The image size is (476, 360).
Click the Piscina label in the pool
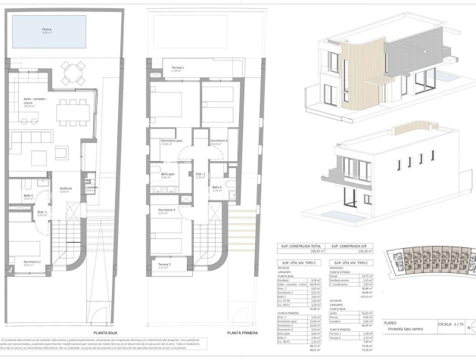point(47,31)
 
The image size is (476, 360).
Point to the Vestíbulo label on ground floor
point(66,189)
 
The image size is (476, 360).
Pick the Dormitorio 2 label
point(31,262)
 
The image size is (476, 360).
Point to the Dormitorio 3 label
point(219,141)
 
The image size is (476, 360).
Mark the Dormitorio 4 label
point(167,210)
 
